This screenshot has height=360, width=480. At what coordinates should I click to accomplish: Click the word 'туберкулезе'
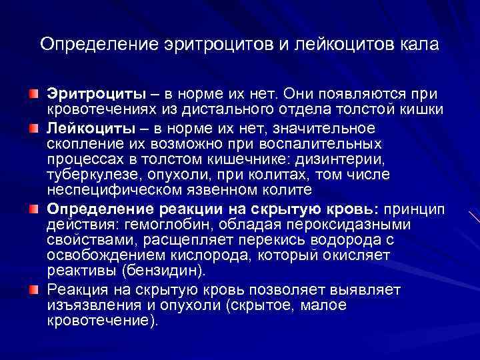88,175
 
